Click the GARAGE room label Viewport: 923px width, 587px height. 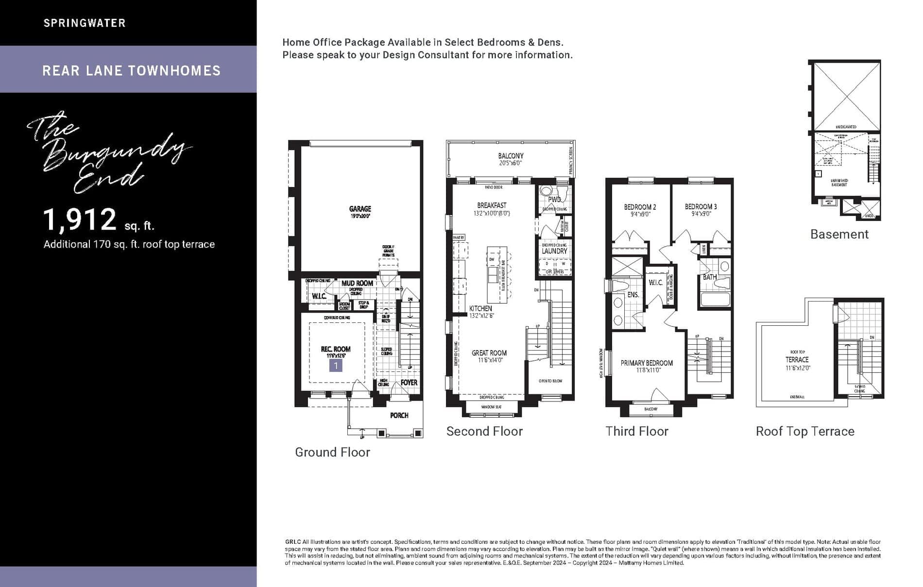(x=359, y=209)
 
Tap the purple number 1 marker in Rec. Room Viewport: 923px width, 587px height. (x=336, y=365)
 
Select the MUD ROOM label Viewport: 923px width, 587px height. (x=357, y=283)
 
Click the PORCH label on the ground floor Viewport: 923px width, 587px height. (x=399, y=415)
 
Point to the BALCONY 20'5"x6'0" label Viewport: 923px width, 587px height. (x=511, y=156)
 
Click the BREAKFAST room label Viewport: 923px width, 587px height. (x=492, y=205)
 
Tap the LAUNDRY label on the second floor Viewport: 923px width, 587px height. (x=554, y=251)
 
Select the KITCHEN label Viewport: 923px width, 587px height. (x=480, y=308)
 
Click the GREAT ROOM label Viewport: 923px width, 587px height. (x=489, y=353)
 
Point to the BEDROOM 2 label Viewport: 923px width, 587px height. (x=640, y=207)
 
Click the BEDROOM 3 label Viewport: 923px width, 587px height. (x=701, y=207)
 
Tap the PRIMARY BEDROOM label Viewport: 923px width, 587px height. (x=647, y=363)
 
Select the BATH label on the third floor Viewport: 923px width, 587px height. (x=709, y=277)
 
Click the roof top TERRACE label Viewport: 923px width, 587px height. (x=797, y=359)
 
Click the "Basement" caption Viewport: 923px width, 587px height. (x=839, y=234)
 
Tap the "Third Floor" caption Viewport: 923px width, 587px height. (x=636, y=431)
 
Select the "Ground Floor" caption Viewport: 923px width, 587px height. (x=332, y=452)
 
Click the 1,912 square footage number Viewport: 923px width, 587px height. (x=80, y=219)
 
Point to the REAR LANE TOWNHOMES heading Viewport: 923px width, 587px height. (x=131, y=71)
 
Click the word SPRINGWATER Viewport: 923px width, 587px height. (x=85, y=23)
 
